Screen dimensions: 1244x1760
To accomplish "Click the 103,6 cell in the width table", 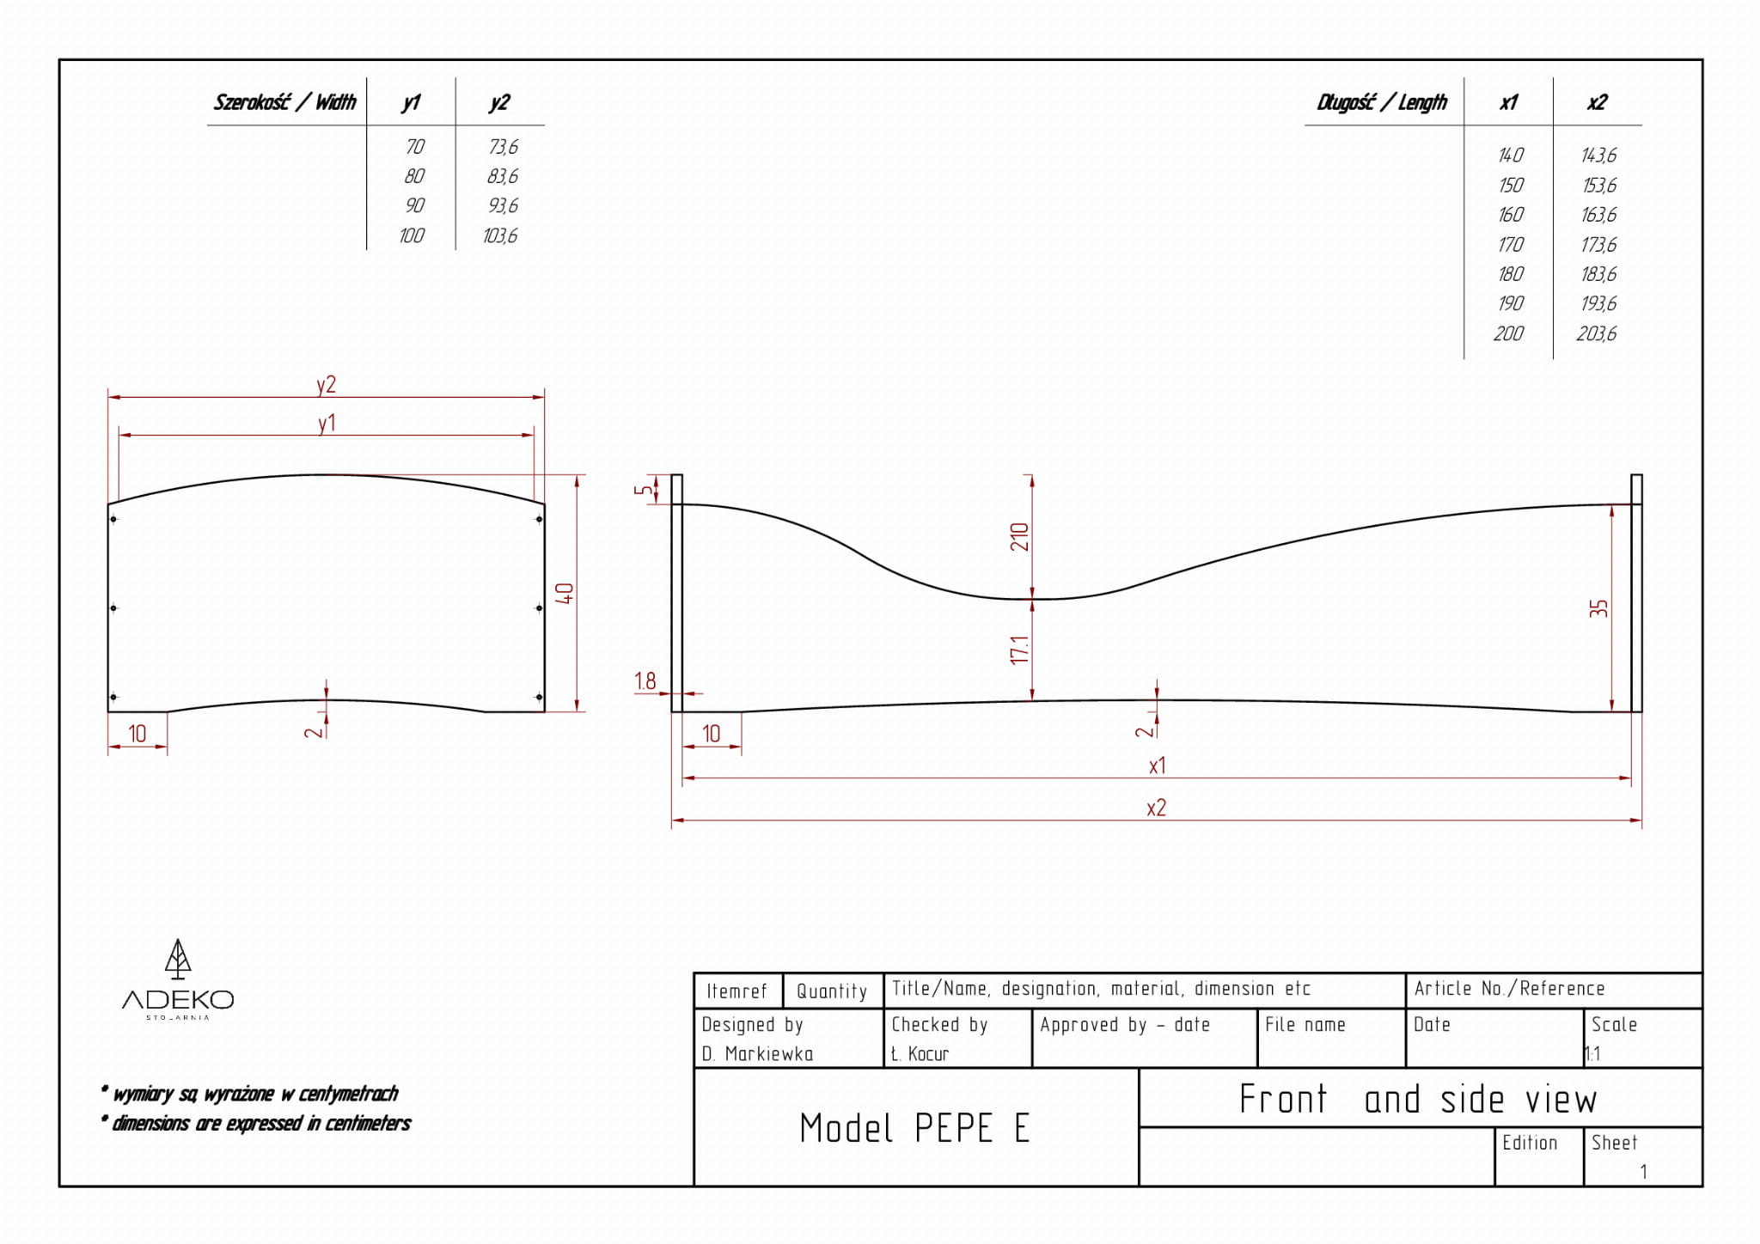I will point(500,235).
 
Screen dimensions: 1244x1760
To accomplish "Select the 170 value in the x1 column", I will point(1510,245).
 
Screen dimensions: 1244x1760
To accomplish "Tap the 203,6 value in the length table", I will point(1596,333).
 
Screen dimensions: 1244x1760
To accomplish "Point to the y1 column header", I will point(411,102).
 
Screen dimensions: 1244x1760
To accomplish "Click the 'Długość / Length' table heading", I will point(1382,103).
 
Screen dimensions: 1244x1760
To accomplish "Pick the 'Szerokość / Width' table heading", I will point(284,102).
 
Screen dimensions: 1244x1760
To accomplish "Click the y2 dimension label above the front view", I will point(326,384).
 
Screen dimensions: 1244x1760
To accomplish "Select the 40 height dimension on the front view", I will point(564,593).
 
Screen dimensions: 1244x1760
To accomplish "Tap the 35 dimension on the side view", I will point(1598,608).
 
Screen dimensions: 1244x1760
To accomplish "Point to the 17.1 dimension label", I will point(1019,649).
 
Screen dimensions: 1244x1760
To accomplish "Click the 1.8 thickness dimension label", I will point(645,681).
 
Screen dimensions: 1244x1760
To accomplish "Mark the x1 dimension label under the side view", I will point(1157,765).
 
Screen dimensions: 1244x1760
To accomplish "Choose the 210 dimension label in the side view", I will point(1019,537).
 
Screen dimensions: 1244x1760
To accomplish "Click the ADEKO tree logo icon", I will point(178,959).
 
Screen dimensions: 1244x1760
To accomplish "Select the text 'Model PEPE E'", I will point(914,1128).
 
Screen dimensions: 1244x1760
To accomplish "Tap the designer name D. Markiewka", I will point(757,1053).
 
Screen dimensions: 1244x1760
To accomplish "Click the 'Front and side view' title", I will point(1418,1099).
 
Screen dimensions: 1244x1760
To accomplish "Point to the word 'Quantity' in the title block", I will point(832,991).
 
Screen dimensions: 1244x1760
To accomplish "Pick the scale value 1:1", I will point(1592,1053).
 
